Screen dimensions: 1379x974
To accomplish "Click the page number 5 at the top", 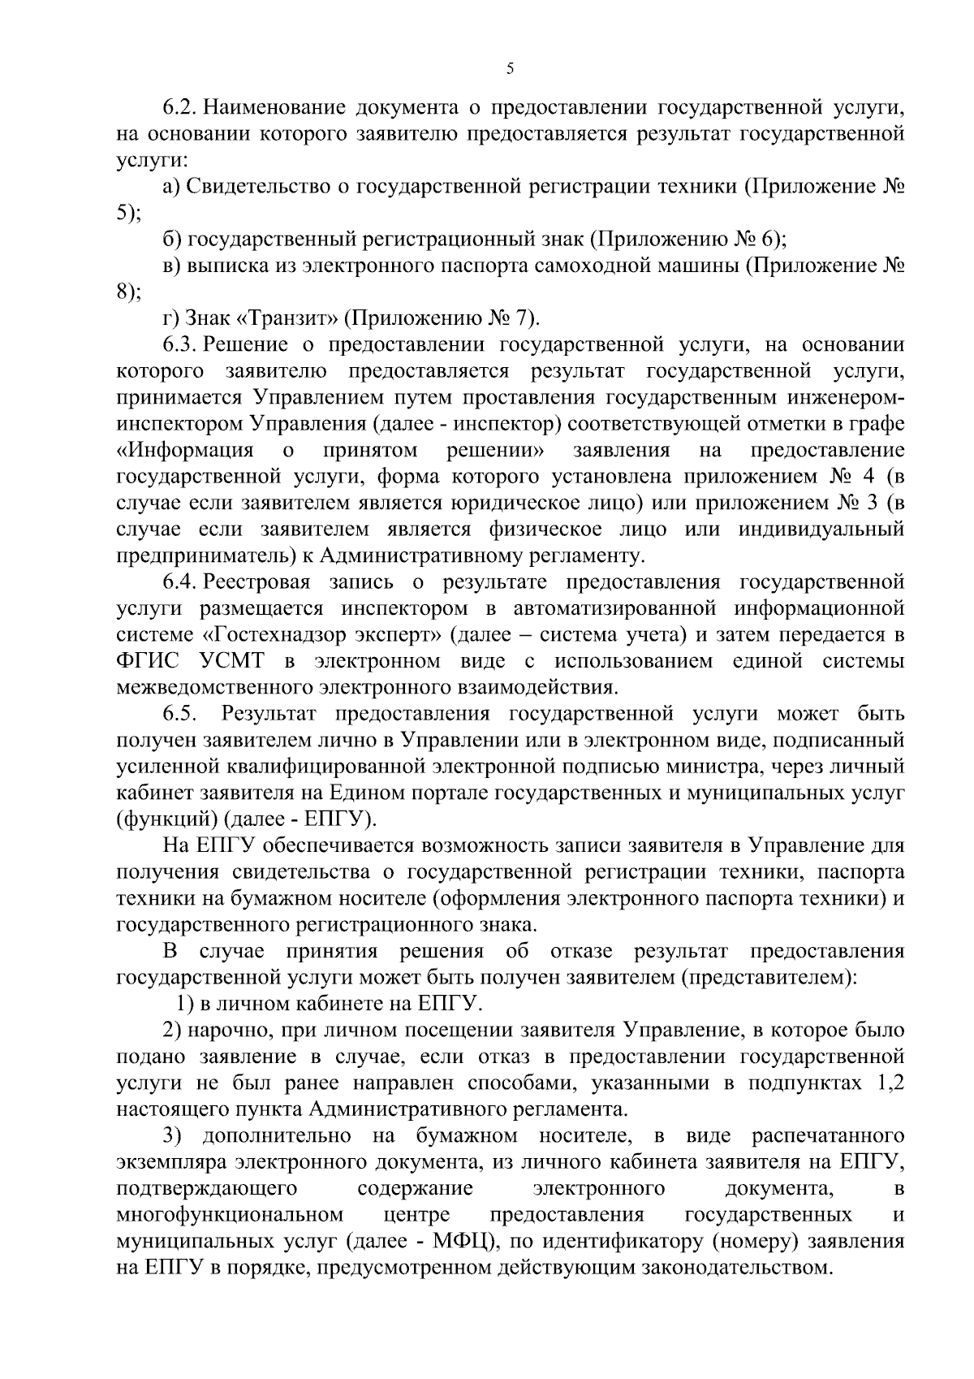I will tap(510, 69).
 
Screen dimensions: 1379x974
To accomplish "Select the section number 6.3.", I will tap(180, 344).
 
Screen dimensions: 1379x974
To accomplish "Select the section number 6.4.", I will tap(180, 581).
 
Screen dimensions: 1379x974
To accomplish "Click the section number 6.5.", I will tap(180, 714).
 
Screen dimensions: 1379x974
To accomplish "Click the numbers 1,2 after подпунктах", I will tap(886, 1083).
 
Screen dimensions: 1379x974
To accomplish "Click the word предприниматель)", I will tap(214, 555).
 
